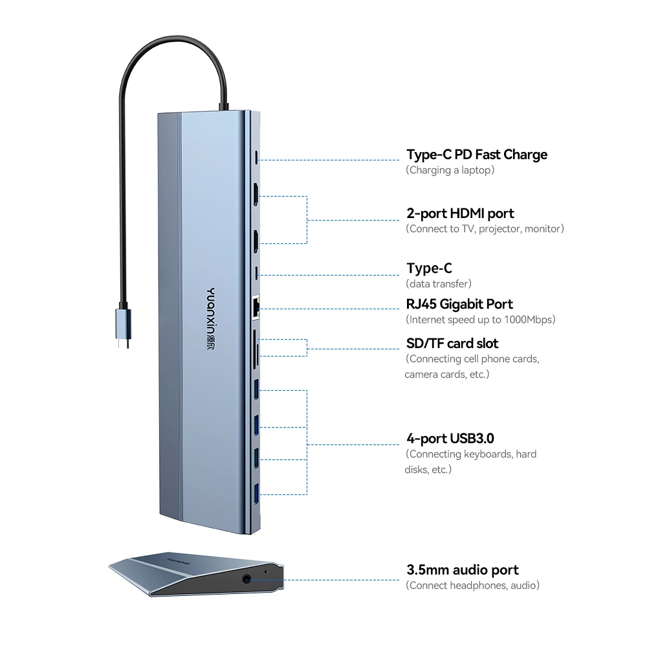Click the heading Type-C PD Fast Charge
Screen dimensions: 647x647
pos(477,155)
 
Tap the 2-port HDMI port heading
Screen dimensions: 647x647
pos(460,214)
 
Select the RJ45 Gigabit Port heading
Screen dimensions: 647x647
pos(459,304)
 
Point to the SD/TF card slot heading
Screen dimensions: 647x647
pos(452,344)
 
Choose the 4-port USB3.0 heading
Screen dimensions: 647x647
pos(450,438)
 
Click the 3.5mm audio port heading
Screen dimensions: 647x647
pos(462,570)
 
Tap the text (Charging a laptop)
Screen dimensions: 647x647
pos(450,170)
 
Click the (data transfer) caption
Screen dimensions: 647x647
pos(438,284)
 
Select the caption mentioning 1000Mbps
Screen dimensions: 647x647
pos(480,320)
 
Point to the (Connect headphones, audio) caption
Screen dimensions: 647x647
pos(472,586)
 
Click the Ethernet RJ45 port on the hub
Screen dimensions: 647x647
pos(256,308)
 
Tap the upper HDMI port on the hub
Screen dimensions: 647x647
pos(256,194)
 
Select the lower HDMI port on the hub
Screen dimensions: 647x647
pos(256,241)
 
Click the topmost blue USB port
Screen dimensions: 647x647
pos(256,389)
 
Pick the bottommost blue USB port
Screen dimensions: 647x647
pos(256,494)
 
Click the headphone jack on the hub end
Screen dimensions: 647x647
pos(247,579)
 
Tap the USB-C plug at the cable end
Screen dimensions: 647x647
pos(124,327)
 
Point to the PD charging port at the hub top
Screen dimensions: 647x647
pos(257,157)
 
